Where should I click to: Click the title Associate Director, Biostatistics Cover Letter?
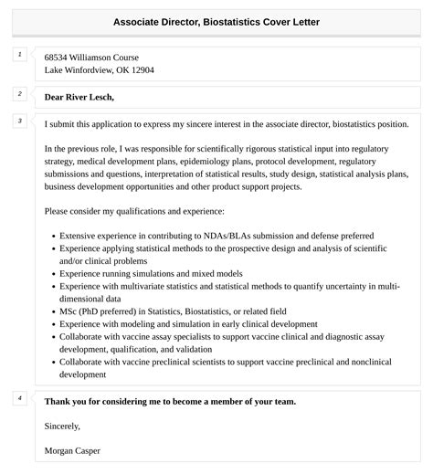(x=216, y=20)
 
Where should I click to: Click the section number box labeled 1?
(x=19, y=55)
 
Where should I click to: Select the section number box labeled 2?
(x=19, y=93)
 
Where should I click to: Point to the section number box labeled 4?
(x=19, y=398)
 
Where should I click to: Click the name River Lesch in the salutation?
(x=90, y=97)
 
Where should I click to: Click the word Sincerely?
(x=62, y=426)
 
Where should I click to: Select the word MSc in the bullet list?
(x=69, y=311)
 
